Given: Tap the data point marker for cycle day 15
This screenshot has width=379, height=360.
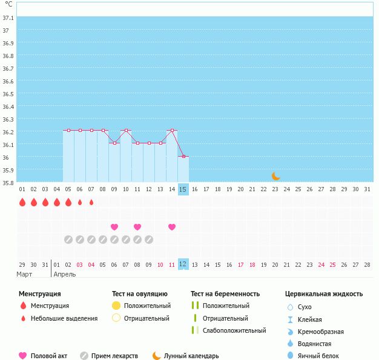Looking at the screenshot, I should pos(183,156).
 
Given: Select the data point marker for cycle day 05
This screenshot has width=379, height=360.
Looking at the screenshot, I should pos(68,130).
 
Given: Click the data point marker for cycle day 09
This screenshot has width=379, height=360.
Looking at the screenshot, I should pos(114,143).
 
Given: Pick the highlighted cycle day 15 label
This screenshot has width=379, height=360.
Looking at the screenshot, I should pos(183,189).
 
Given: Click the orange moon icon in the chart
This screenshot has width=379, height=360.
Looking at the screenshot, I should pos(276,176).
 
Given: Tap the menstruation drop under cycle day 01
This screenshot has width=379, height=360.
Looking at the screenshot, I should pos(22,203).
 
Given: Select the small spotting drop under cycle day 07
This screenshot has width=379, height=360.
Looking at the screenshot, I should pos(91,203).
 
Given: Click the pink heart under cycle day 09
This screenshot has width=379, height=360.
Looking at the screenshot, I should pos(114,227).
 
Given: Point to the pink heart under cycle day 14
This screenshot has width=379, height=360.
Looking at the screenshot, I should pos(172,227).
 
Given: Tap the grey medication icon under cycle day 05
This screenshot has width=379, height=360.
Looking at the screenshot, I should pos(68,240).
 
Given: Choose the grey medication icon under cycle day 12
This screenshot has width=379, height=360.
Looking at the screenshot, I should pos(149,240).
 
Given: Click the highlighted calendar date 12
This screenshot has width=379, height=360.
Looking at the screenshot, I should pos(183,264).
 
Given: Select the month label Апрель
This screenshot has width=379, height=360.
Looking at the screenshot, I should pos(65,274).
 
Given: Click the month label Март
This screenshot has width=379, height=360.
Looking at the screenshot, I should pos(25,274).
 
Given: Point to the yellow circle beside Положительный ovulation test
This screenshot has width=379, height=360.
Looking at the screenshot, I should pos(116,306).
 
